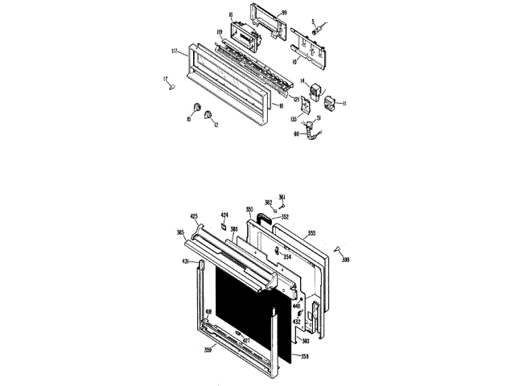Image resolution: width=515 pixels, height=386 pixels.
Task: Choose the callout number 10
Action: tap(295, 60)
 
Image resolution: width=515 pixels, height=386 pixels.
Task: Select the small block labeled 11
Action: tap(330, 102)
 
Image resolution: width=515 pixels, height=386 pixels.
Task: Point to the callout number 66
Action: tap(296, 134)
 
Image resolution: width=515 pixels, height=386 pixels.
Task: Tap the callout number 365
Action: tap(180, 232)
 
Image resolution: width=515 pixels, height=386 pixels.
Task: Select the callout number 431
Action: tap(185, 261)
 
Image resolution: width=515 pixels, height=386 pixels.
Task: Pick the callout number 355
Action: tap(311, 234)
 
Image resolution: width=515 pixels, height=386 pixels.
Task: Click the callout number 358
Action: tap(304, 355)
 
